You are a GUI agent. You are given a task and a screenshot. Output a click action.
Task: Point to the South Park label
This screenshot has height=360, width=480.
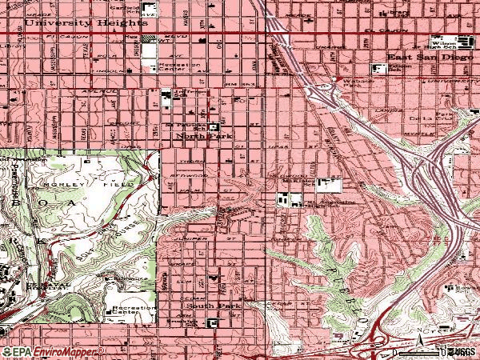point(205,306)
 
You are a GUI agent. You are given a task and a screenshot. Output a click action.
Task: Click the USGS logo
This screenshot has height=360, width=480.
point(462,351)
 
